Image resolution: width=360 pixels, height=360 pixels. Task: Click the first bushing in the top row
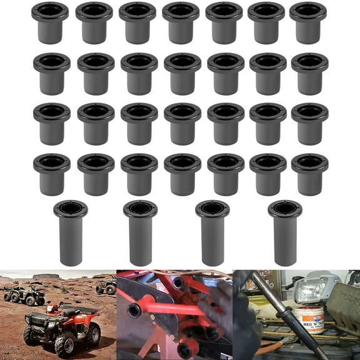tap(50, 22)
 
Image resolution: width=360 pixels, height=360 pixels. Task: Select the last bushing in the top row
tap(308, 22)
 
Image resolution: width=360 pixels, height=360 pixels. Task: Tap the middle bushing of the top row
tap(181, 22)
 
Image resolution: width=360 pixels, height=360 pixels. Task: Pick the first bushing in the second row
tap(52, 73)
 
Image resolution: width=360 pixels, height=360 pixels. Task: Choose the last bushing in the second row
tap(309, 73)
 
